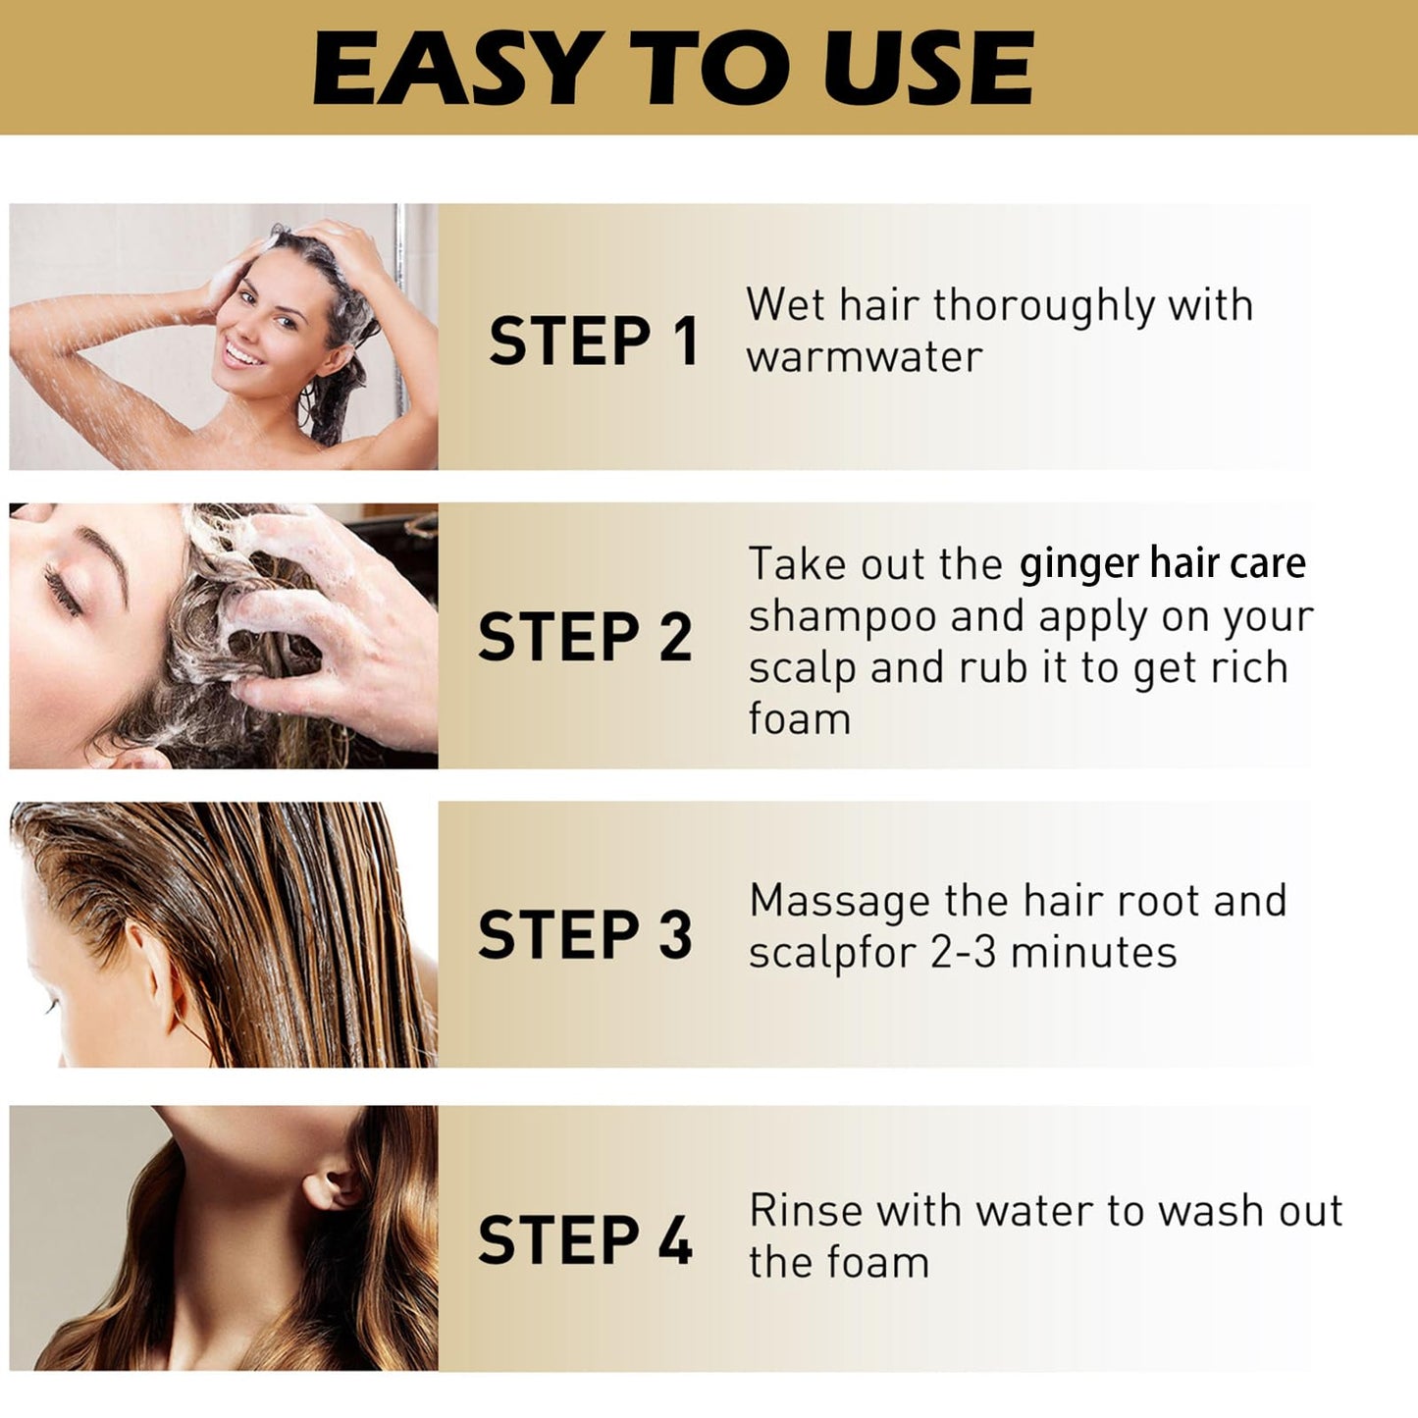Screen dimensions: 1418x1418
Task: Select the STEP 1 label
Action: click(594, 341)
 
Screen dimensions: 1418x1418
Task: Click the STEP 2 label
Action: click(586, 637)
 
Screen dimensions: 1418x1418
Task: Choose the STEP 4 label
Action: click(586, 1239)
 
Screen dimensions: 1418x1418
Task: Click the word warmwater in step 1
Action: click(864, 357)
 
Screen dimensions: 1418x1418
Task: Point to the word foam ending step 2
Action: click(799, 719)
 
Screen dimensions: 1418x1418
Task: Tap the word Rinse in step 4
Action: click(806, 1210)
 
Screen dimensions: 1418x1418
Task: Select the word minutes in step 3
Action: click(1093, 953)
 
